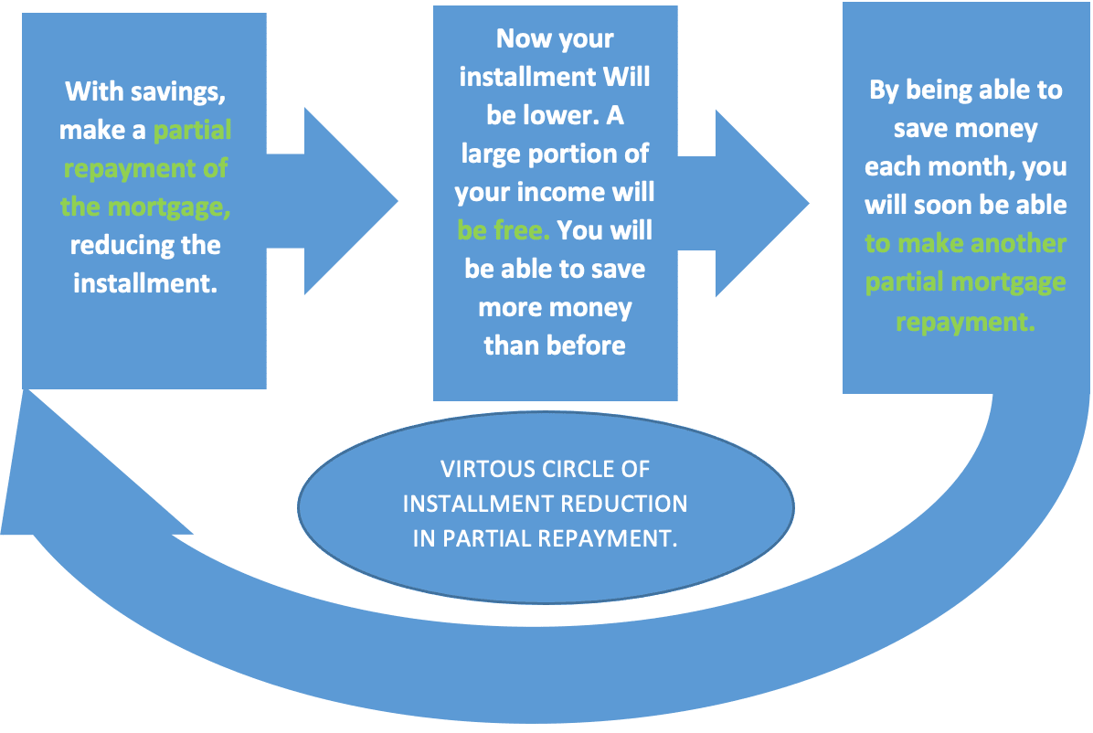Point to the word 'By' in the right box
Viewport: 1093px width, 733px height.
[886, 90]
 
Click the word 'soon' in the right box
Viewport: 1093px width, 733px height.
[943, 205]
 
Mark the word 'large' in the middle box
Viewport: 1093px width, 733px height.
[492, 154]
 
